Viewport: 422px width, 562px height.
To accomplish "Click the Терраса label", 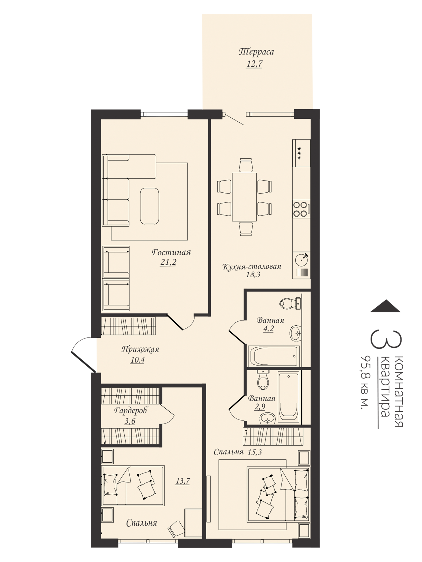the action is point(256,52).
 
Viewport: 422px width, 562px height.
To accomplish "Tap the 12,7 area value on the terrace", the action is point(254,63).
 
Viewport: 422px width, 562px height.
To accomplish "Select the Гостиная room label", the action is point(171,252).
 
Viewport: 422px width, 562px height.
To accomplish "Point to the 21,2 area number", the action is point(168,262).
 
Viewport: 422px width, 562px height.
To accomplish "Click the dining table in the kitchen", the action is point(244,197).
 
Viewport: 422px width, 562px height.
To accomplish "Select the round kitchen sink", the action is point(301,260).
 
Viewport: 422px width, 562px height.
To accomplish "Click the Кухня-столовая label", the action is point(252,266).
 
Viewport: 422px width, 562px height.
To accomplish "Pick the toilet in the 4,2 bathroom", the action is point(290,303).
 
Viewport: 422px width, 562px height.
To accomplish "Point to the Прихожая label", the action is point(140,349).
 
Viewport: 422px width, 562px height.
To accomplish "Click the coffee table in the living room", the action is point(149,206).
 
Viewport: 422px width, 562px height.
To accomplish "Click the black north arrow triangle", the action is point(385,305).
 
